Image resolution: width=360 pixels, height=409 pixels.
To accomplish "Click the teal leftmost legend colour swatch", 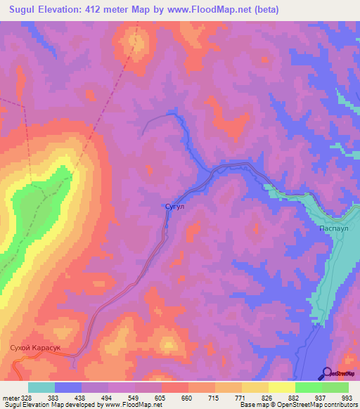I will (x=41, y=387).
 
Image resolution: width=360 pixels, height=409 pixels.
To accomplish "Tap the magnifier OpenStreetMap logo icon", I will (x=328, y=372).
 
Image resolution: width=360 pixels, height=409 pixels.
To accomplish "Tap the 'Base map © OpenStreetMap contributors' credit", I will (x=296, y=405).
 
